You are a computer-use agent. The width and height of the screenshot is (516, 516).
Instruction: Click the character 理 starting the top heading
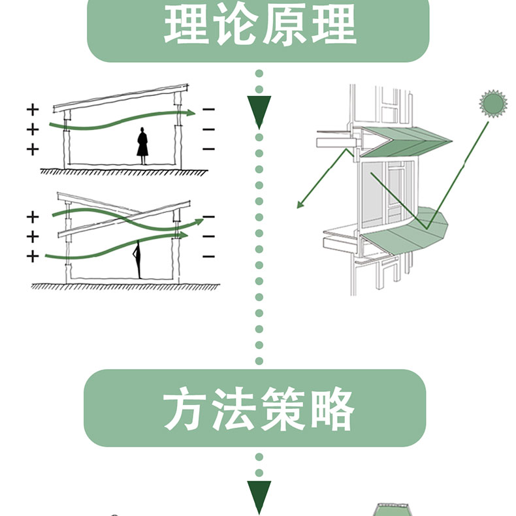click(184, 26)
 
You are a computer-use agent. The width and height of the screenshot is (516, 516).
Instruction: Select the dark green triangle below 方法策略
click(259, 496)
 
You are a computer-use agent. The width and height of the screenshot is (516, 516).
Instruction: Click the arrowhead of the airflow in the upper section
click(190, 112)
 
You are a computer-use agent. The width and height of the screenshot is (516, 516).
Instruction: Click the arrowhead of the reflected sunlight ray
click(300, 205)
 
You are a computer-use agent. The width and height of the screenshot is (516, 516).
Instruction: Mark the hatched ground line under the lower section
click(124, 286)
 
